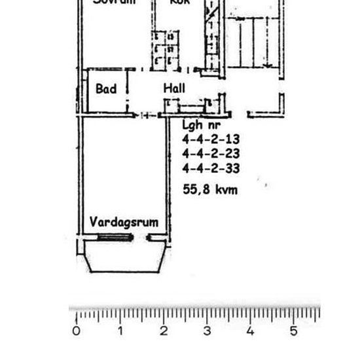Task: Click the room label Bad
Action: pyautogui.click(x=105, y=88)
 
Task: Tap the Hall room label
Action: pyautogui.click(x=174, y=88)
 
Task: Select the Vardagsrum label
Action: pyautogui.click(x=124, y=222)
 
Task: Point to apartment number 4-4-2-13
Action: pyautogui.click(x=211, y=139)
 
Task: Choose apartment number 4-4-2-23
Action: pyautogui.click(x=211, y=154)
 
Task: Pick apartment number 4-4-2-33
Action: pyautogui.click(x=211, y=169)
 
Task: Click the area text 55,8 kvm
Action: pyautogui.click(x=210, y=190)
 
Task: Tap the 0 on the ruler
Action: pyautogui.click(x=77, y=331)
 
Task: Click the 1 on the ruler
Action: pyautogui.click(x=120, y=331)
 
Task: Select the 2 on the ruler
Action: pyautogui.click(x=164, y=331)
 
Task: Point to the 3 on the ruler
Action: pyautogui.click(x=207, y=331)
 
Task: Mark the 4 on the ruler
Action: pyautogui.click(x=250, y=331)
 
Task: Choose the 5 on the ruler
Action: pyautogui.click(x=293, y=331)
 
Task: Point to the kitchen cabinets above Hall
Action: pyautogui.click(x=164, y=49)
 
